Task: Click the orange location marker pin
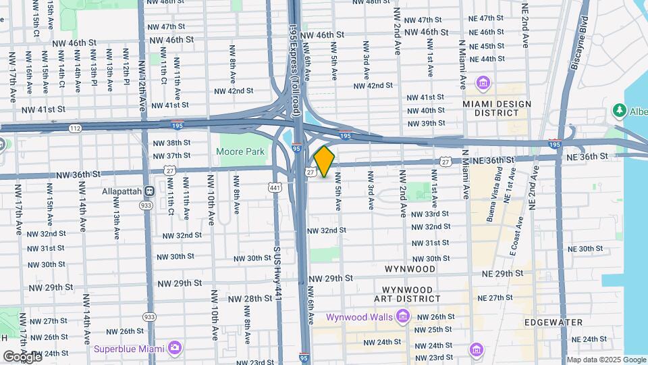click(x=324, y=162)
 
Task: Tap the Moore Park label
click(x=240, y=152)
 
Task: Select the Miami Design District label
click(x=497, y=108)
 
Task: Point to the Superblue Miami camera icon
click(x=175, y=347)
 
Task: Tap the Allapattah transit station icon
click(x=149, y=191)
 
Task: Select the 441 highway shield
click(x=274, y=187)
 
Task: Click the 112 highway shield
click(x=75, y=128)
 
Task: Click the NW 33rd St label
click(x=430, y=214)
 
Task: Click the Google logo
click(x=22, y=356)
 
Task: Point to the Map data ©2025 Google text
click(x=605, y=360)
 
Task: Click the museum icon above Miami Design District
click(x=483, y=83)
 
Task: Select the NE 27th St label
click(x=495, y=297)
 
